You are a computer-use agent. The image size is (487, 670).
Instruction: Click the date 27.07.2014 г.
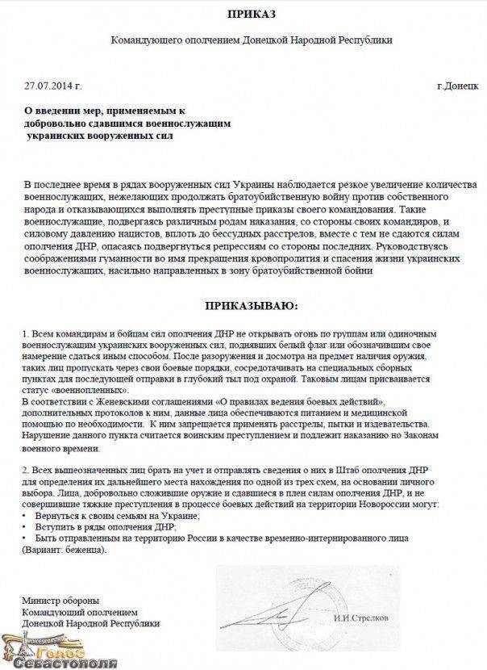52,84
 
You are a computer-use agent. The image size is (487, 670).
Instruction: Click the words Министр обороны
61,600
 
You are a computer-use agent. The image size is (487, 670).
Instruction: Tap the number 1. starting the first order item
27,333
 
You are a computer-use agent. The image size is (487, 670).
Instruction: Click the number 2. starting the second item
27,469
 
